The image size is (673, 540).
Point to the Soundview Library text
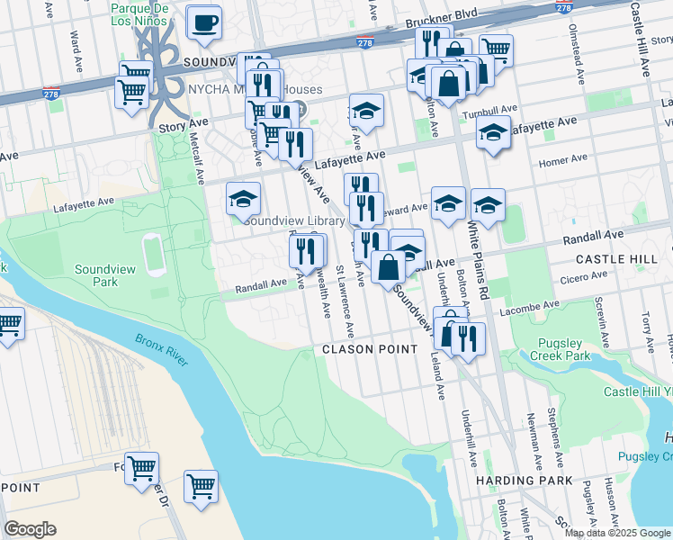294,220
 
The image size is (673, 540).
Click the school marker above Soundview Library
243,199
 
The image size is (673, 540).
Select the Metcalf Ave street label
195,153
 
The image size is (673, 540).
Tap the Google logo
31,529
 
